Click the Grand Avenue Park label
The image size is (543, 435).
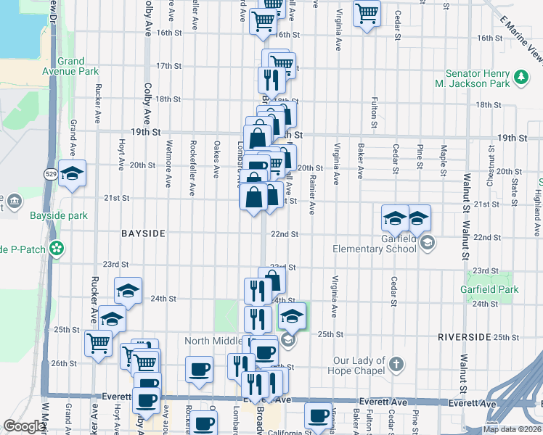click(70, 67)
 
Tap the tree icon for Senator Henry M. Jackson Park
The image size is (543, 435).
click(520, 75)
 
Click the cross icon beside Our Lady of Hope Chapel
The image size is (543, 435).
click(396, 362)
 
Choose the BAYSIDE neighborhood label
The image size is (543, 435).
click(144, 233)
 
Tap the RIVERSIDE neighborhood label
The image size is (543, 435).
click(464, 338)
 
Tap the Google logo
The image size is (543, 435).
click(24, 426)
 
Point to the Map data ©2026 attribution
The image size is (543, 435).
click(513, 429)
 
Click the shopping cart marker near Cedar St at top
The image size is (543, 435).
click(367, 12)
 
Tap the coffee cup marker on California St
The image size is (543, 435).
click(318, 415)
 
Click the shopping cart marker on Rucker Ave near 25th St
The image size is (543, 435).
click(98, 342)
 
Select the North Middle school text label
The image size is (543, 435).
click(218, 341)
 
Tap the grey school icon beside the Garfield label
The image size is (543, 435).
click(428, 243)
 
